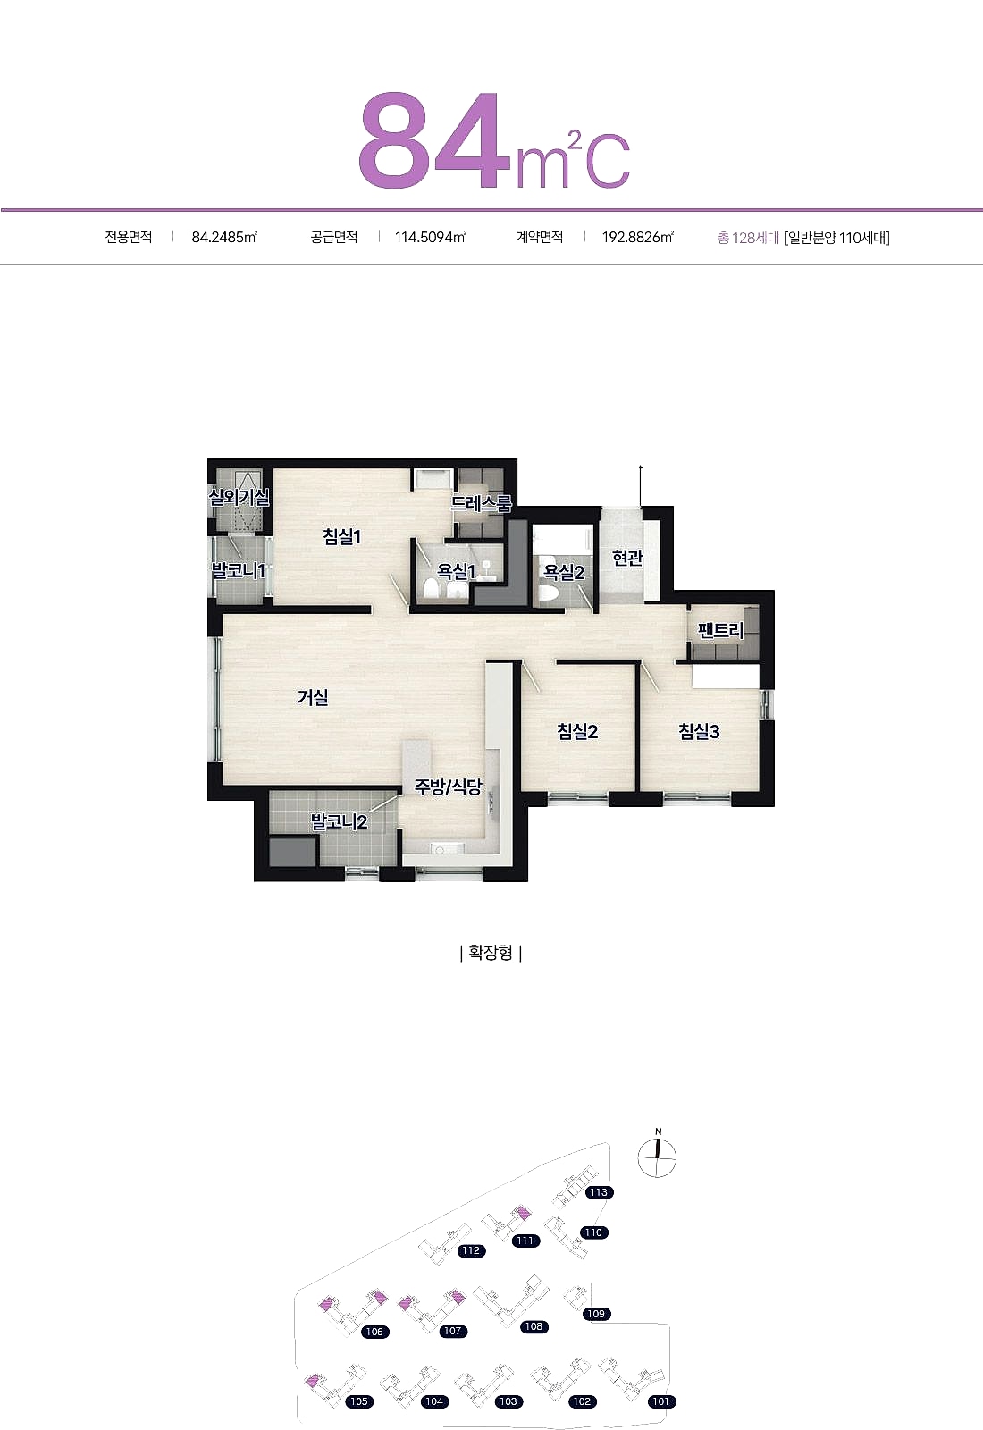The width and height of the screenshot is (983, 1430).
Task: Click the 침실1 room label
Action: (342, 537)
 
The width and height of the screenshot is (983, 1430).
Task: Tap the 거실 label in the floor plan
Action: (313, 697)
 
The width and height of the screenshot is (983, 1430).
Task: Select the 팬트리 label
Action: (720, 631)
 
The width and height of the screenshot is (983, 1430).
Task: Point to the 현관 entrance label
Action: (627, 558)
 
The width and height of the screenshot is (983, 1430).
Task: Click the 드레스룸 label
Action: (482, 504)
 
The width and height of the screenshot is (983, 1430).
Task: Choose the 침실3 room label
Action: (699, 731)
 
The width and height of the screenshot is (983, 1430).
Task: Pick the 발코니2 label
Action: (339, 821)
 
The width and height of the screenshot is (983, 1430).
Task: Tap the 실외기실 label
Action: (239, 497)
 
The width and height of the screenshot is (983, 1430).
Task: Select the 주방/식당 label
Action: (448, 786)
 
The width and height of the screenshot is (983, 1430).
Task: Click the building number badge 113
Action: (599, 1192)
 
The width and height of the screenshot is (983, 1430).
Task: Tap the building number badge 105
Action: (359, 1401)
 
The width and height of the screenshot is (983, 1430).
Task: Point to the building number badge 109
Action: (596, 1314)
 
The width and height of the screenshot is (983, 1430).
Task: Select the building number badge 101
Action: (661, 1401)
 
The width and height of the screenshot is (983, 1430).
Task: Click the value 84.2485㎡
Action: (224, 238)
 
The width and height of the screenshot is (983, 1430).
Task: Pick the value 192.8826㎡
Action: (638, 238)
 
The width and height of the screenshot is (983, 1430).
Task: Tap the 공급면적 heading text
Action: (334, 238)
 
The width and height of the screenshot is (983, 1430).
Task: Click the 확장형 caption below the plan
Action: (491, 953)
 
